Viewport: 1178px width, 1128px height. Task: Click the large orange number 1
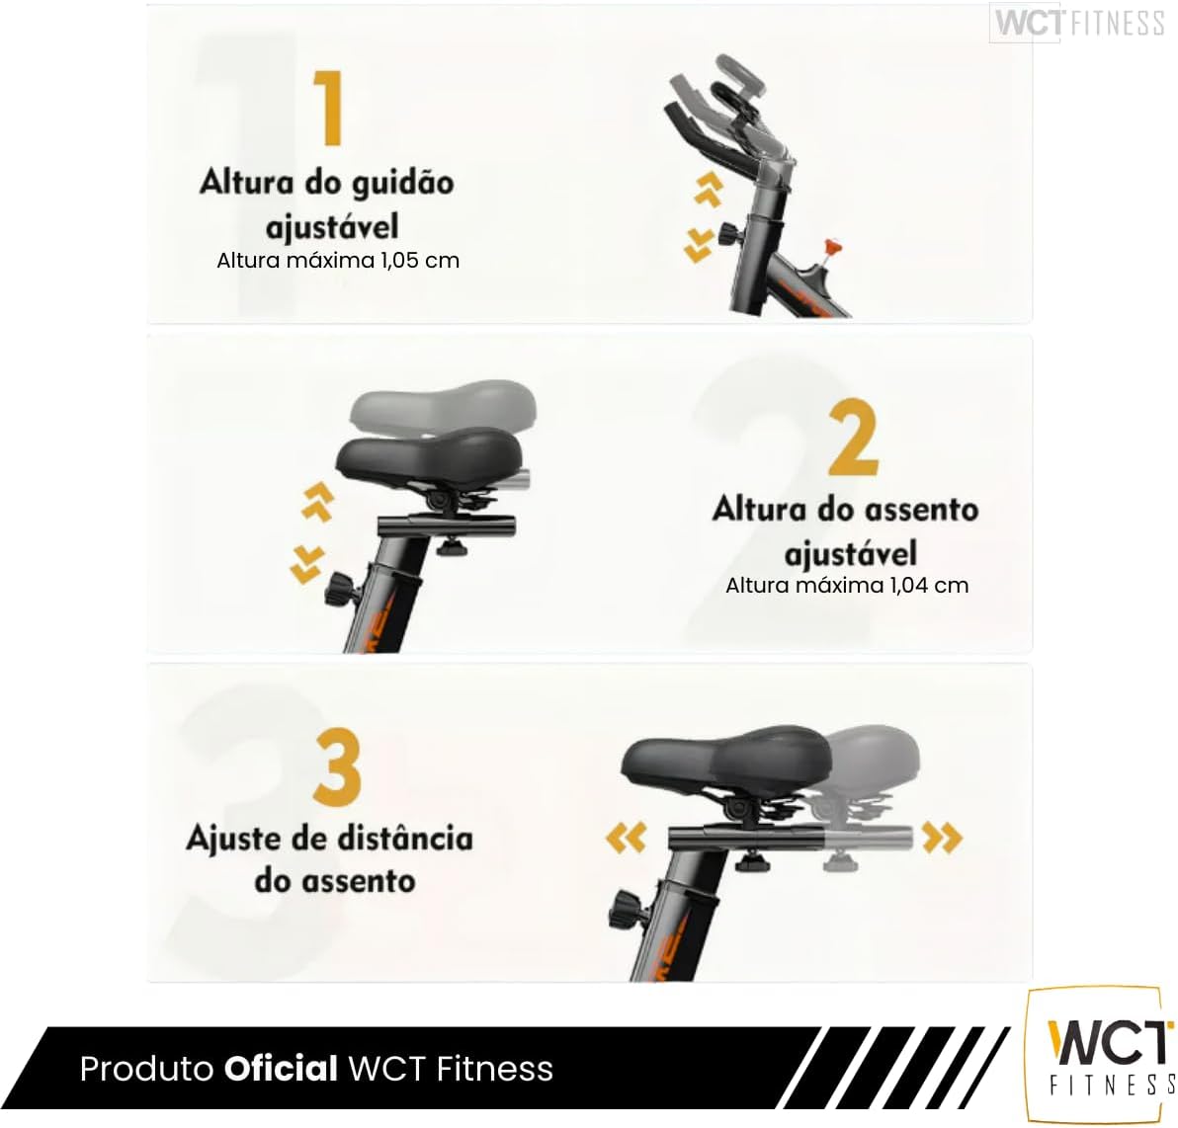tap(328, 108)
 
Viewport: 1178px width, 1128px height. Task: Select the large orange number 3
tap(337, 765)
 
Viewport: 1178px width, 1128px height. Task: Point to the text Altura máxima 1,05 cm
tap(338, 261)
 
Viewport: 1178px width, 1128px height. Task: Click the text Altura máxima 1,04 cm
tap(847, 586)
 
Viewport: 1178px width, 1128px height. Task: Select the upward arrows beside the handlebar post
tap(709, 189)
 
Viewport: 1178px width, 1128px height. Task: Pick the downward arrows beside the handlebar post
tap(699, 246)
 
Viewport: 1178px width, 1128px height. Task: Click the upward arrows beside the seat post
tap(318, 501)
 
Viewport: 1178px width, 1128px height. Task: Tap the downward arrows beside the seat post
tap(307, 565)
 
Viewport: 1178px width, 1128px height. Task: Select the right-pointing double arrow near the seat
tap(942, 838)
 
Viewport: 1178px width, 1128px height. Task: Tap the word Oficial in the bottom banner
tap(281, 1068)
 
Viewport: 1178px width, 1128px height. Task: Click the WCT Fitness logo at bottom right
tap(1102, 1054)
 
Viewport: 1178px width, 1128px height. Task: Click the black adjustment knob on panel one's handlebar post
tap(728, 234)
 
